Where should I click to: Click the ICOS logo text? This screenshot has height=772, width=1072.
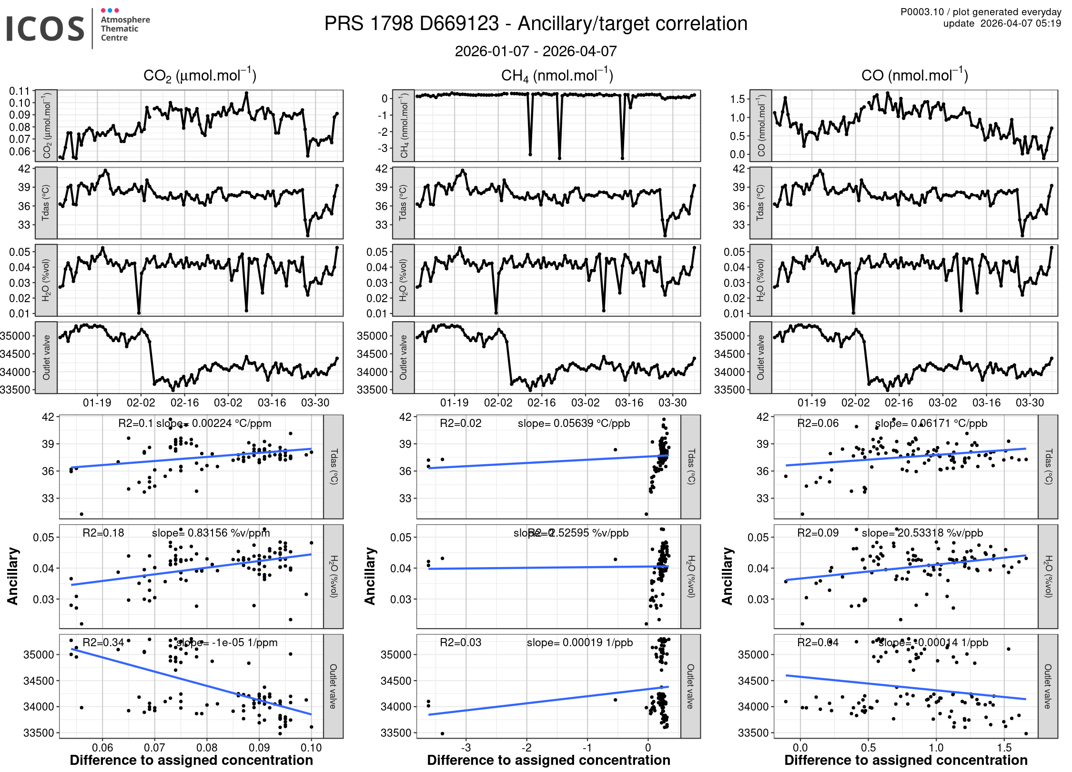[45, 29]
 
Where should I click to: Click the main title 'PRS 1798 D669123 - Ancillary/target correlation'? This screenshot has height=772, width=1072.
[536, 24]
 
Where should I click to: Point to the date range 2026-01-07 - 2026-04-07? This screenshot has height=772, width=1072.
[536, 51]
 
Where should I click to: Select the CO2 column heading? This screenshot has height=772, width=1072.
[200, 75]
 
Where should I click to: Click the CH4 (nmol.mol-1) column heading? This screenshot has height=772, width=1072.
[557, 75]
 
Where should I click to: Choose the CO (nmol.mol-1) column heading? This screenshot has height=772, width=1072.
[914, 75]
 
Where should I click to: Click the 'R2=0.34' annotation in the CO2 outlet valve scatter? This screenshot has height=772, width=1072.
[103, 642]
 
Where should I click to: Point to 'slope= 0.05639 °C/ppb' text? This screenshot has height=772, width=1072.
[574, 423]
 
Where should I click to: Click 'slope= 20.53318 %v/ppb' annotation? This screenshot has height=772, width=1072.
[922, 533]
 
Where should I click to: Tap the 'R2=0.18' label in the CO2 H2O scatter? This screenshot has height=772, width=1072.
[103, 533]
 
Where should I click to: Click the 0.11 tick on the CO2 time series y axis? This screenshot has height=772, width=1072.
[20, 91]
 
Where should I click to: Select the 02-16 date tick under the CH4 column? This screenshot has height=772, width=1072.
[541, 403]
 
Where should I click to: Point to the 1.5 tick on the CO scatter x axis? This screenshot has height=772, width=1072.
[1004, 747]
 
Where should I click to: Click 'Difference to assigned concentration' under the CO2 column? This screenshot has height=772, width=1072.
[191, 760]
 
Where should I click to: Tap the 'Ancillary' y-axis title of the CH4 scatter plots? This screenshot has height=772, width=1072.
[370, 576]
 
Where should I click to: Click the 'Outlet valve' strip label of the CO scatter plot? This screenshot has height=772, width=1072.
[1048, 686]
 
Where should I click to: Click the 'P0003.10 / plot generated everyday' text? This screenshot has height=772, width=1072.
[981, 12]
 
